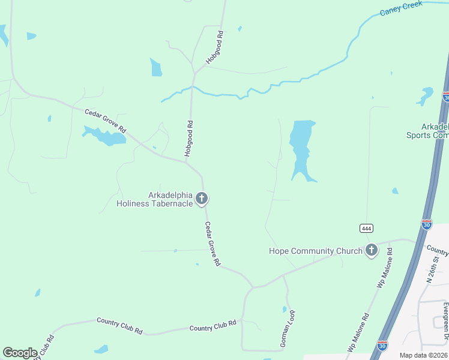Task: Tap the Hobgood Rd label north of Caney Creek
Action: (214, 48)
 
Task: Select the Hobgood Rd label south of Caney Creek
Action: (190, 139)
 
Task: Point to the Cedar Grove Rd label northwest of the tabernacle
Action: (106, 121)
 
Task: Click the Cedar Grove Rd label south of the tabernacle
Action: (213, 244)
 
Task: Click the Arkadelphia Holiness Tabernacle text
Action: (155, 199)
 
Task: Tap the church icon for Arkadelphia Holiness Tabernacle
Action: (202, 199)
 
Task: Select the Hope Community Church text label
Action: (315, 251)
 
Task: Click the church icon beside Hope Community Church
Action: (372, 251)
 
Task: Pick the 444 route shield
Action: (367, 228)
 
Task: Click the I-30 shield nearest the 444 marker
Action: (426, 224)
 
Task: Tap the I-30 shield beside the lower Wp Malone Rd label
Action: (382, 345)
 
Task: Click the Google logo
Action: (20, 352)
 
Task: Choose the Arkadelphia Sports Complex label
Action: (435, 131)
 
